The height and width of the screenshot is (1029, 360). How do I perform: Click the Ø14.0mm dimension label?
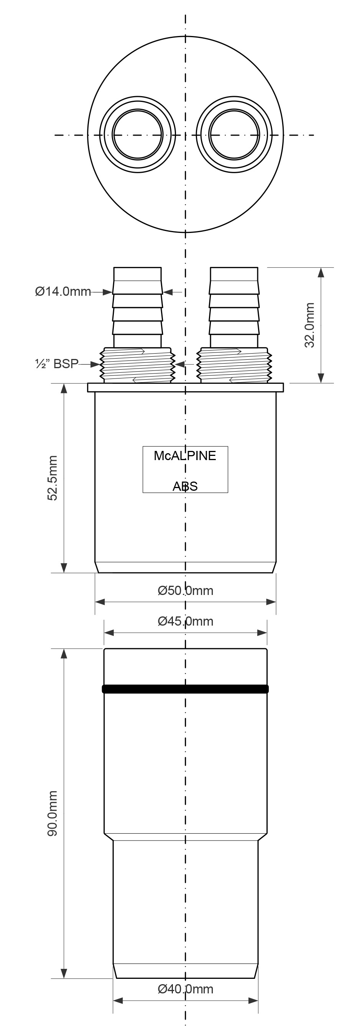click(x=63, y=291)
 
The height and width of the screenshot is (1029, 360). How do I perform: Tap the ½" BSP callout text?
click(x=56, y=364)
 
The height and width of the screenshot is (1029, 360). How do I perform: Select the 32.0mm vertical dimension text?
click(x=310, y=325)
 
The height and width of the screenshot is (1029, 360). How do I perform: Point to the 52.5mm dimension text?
click(x=53, y=478)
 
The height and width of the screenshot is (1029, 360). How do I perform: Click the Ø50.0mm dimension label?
click(x=185, y=590)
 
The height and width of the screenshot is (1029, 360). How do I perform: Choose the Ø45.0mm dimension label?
click(x=185, y=621)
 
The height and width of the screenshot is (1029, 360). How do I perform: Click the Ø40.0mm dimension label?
click(x=185, y=989)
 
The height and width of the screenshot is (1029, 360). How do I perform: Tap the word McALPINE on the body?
click(x=185, y=456)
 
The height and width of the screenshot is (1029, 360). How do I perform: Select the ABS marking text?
click(x=185, y=486)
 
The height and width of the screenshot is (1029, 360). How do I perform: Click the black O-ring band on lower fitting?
click(x=185, y=689)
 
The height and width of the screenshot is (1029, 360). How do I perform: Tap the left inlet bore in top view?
click(x=138, y=134)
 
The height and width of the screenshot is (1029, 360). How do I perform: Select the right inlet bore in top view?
click(x=234, y=134)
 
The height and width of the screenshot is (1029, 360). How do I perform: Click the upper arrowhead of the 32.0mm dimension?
click(x=321, y=272)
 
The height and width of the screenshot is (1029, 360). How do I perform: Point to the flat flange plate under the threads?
click(x=185, y=387)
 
